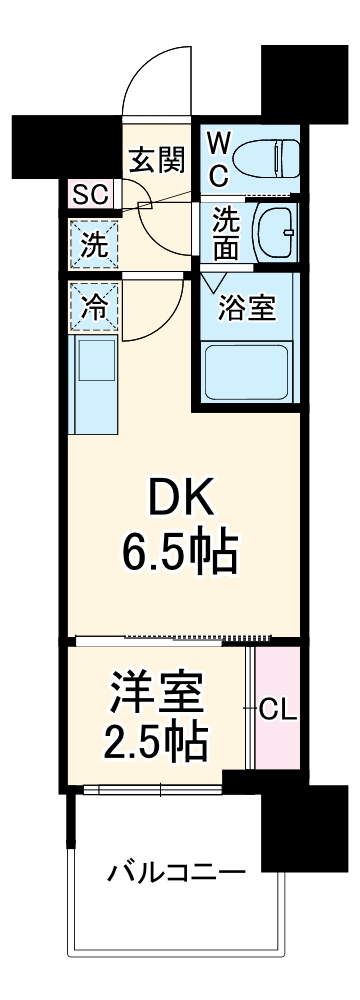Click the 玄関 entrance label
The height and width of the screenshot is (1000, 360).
pos(156,157)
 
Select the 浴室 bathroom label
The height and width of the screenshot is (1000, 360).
pos(248,307)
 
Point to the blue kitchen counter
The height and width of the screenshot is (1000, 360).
pos(93,385)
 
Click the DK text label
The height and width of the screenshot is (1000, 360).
pos(180,493)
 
